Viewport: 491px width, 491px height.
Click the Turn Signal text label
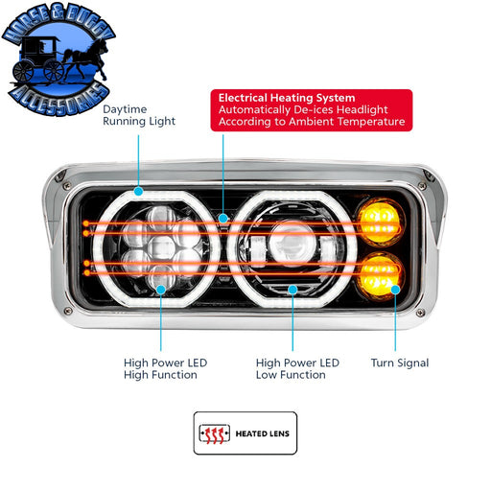(400, 363)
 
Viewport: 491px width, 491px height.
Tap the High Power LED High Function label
(166, 369)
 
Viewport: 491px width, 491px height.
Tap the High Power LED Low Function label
(297, 369)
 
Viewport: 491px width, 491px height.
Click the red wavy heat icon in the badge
(218, 433)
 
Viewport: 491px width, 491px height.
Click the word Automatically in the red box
(256, 111)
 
